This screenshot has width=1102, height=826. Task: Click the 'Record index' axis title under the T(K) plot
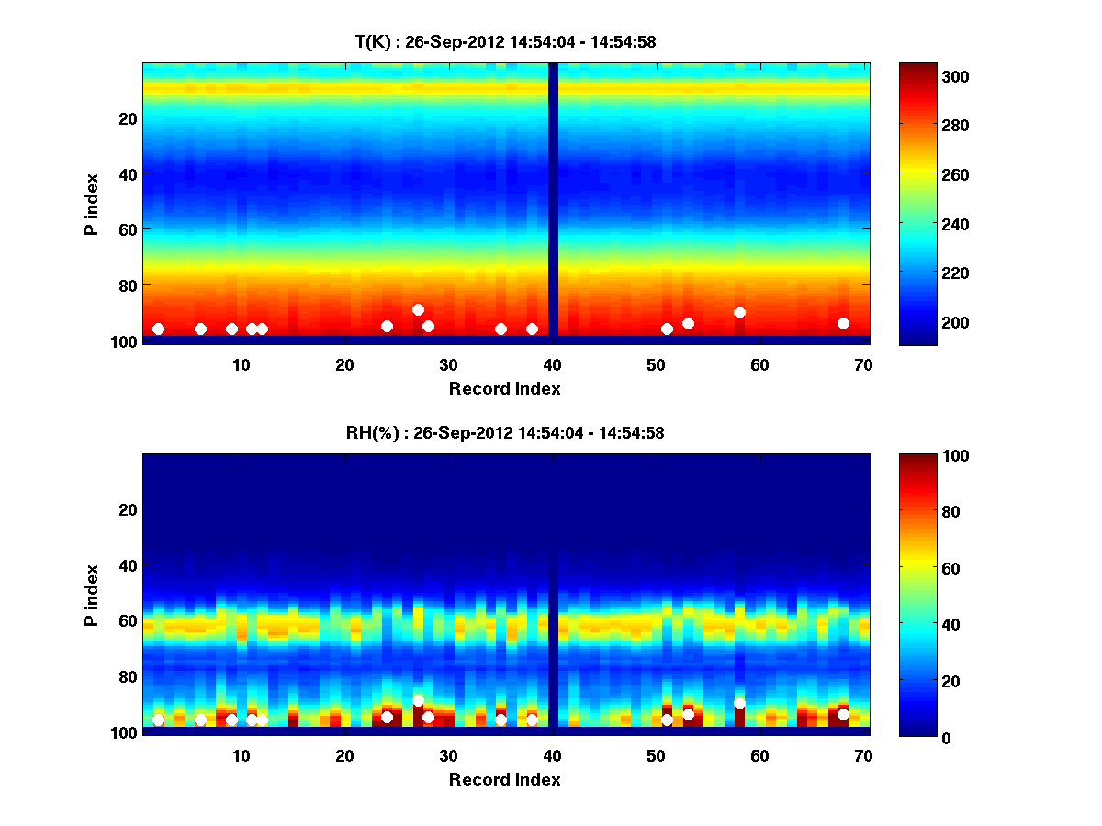click(x=504, y=388)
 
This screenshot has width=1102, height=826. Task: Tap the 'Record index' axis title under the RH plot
click(x=504, y=779)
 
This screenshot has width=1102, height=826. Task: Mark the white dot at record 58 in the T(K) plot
click(x=739, y=312)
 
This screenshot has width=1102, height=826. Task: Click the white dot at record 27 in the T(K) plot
click(x=418, y=309)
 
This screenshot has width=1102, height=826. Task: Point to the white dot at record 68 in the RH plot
click(x=843, y=714)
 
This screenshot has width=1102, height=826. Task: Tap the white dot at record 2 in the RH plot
click(x=158, y=720)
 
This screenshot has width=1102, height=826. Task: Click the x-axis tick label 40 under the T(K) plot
click(x=552, y=364)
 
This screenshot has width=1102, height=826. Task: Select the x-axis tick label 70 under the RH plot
click(x=862, y=755)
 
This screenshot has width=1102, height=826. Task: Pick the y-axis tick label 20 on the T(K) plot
click(x=127, y=118)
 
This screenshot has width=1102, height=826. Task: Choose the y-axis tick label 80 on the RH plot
click(x=127, y=676)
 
